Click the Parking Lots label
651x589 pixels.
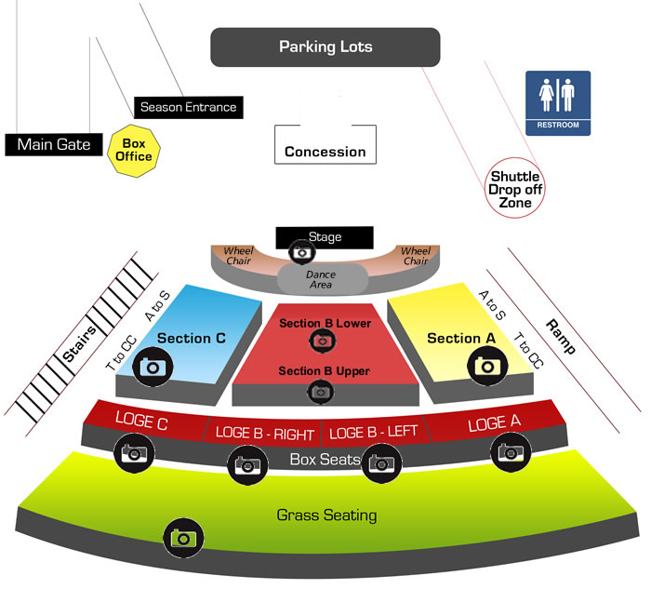[x=325, y=47]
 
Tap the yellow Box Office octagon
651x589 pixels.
[x=133, y=149]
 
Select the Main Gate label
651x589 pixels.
[x=54, y=144]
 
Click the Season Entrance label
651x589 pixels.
[x=188, y=107]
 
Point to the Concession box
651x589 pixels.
[x=325, y=152]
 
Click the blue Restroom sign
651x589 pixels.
[x=558, y=103]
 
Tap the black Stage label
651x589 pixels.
[x=325, y=237]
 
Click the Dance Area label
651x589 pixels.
[x=320, y=278]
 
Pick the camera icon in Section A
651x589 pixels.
[x=486, y=365]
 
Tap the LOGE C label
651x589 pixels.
[x=141, y=422]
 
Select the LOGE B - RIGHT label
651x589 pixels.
[x=265, y=432]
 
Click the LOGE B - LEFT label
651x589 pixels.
[x=375, y=432]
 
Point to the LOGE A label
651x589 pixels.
[x=493, y=423]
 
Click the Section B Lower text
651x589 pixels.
[x=325, y=323]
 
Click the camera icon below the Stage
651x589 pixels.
[x=300, y=251]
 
